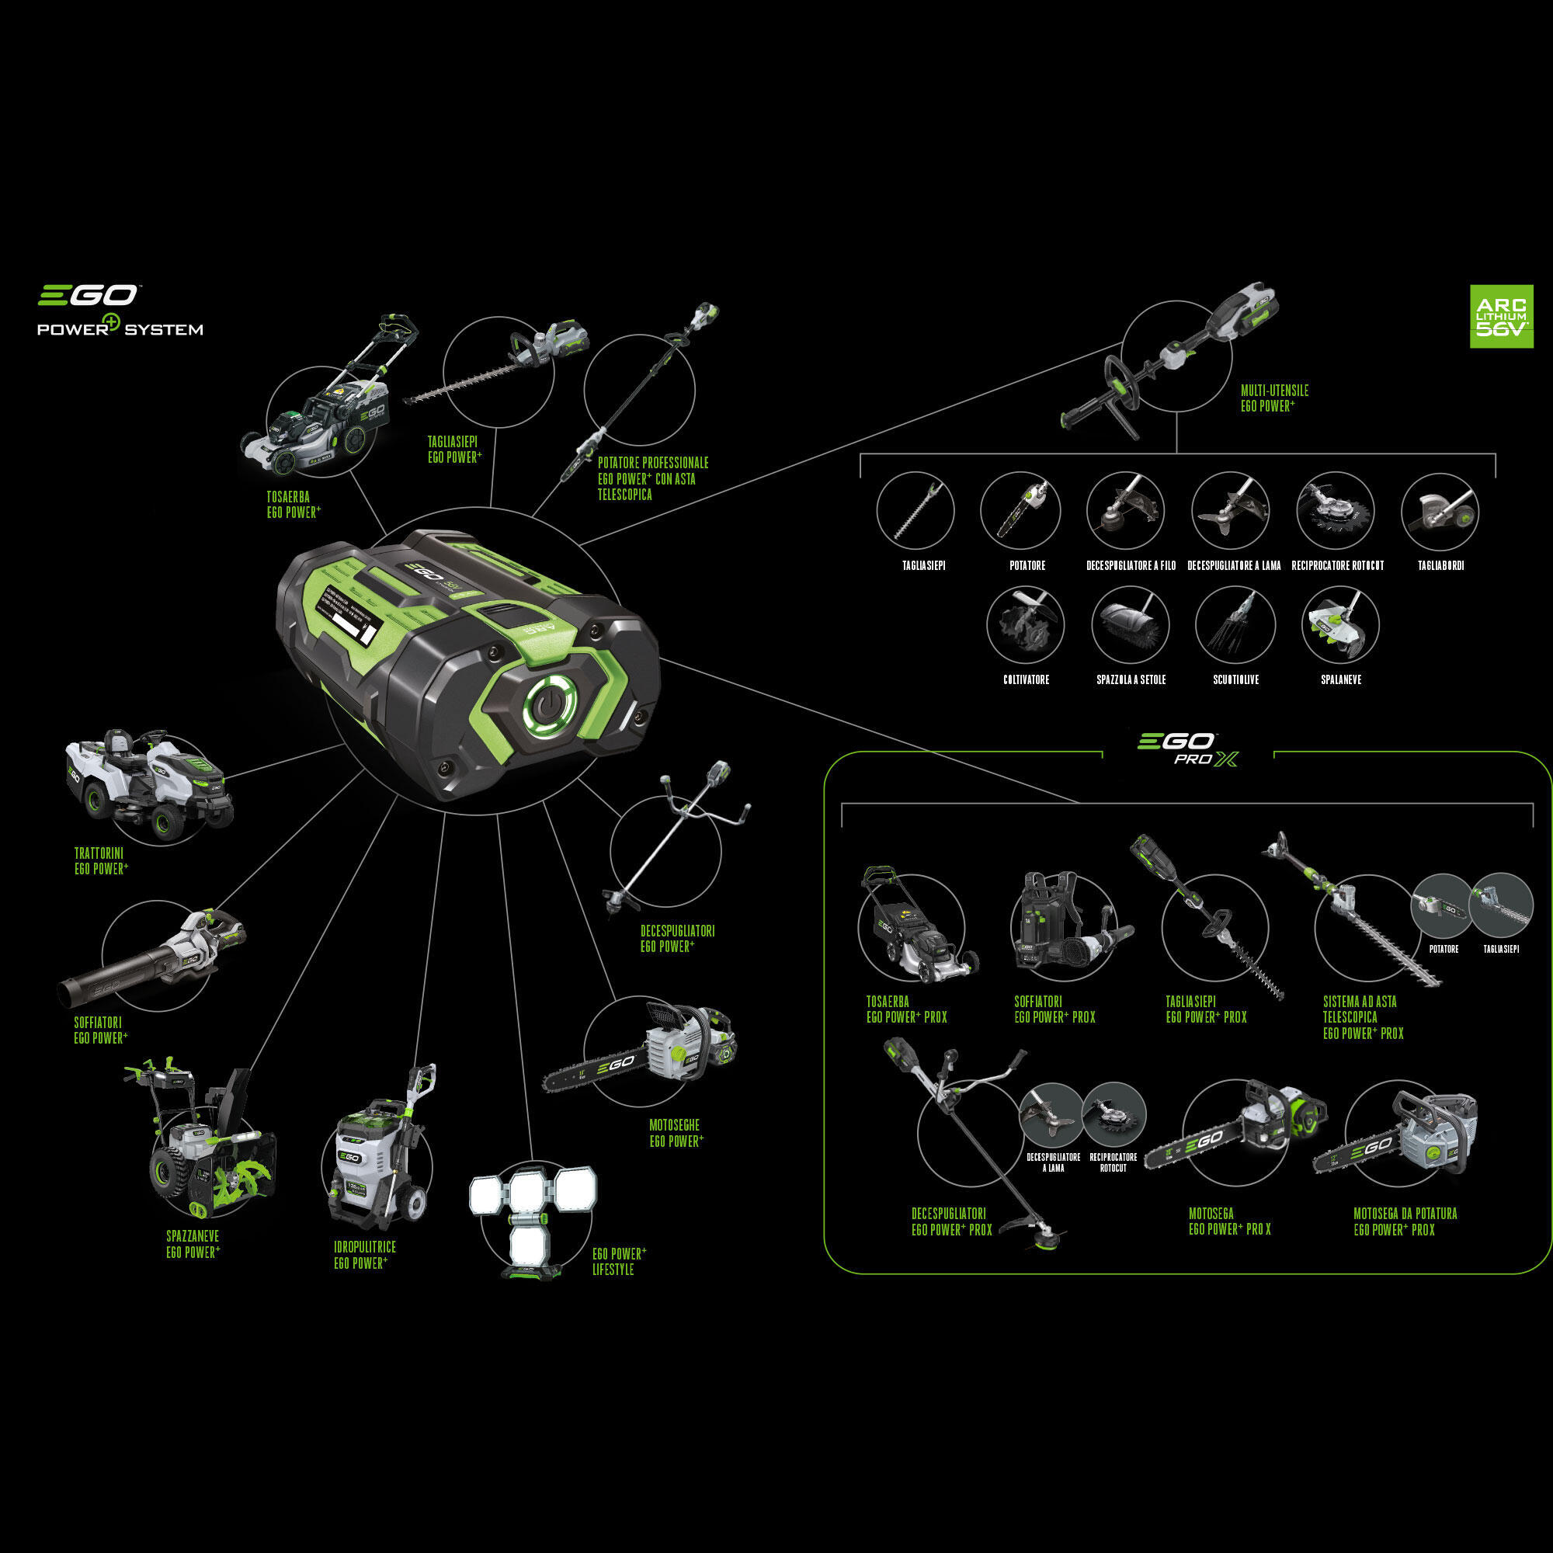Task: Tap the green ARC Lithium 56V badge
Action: tap(1501, 316)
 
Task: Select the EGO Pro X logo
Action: tap(1187, 749)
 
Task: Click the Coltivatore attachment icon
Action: tap(1025, 626)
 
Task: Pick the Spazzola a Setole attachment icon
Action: tap(1129, 626)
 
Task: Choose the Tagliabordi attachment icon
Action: tap(1440, 512)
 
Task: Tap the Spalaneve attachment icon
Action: tap(1340, 626)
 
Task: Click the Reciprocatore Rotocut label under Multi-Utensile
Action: tap(1338, 566)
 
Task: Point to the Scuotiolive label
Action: tap(1235, 680)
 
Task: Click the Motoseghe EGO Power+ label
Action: tap(676, 1133)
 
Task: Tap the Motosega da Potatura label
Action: tap(1404, 1221)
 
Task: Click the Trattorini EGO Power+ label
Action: tap(101, 861)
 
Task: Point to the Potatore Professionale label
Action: tap(653, 478)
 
